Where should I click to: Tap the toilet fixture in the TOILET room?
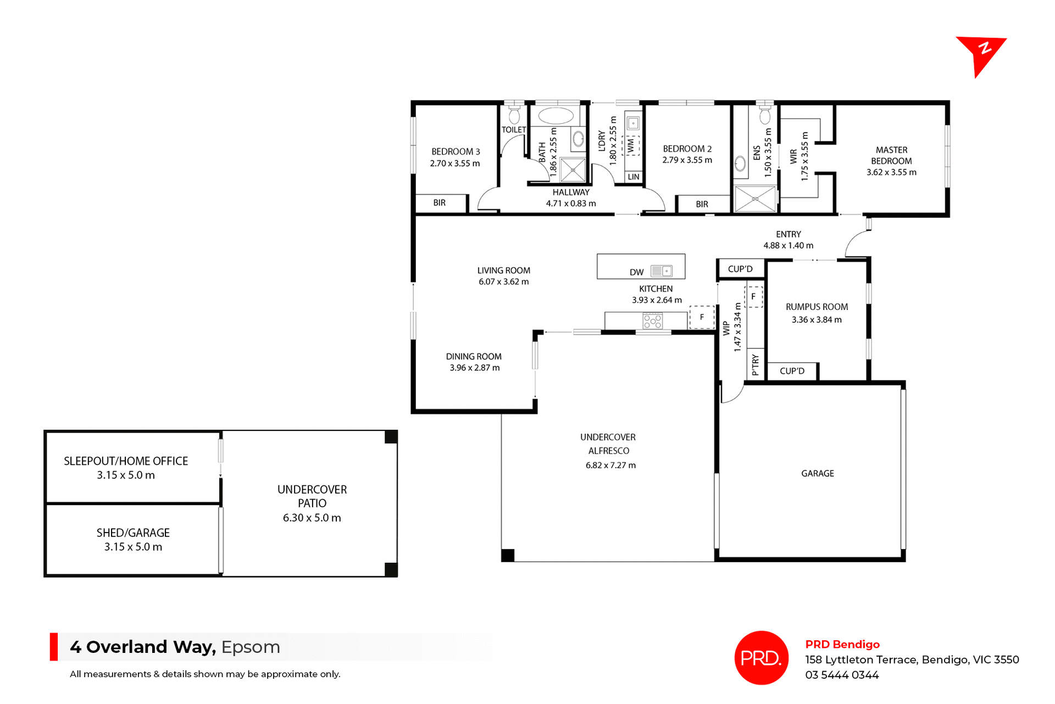514,115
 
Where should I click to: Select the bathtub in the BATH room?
556,116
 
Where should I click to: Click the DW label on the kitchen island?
636,273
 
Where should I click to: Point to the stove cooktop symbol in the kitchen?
652,321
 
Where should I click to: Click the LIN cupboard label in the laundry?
634,177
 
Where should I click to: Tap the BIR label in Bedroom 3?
440,203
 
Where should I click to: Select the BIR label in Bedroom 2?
702,204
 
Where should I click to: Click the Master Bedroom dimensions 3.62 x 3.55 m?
891,173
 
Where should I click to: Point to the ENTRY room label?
788,235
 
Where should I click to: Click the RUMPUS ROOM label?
817,307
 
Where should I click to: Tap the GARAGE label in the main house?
817,474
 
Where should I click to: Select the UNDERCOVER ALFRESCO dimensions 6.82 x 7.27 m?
610,465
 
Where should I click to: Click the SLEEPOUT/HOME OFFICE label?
126,462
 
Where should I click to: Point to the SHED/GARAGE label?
133,533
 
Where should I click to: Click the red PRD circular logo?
761,658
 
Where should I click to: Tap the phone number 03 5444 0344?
842,675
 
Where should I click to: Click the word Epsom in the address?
251,647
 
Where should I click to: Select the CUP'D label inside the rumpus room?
792,372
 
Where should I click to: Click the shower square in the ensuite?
755,199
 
